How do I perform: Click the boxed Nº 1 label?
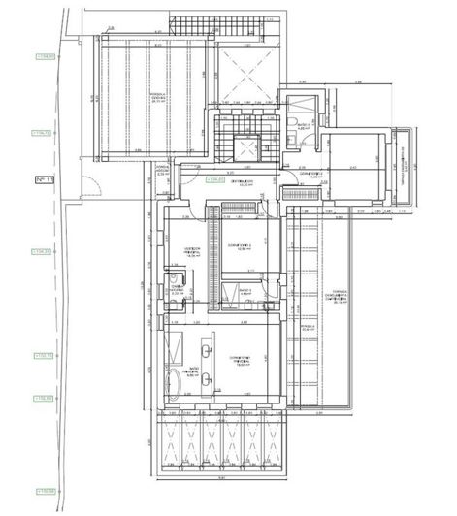tap(43, 179)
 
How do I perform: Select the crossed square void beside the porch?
tap(238, 74)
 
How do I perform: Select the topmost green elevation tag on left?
tap(42, 57)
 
